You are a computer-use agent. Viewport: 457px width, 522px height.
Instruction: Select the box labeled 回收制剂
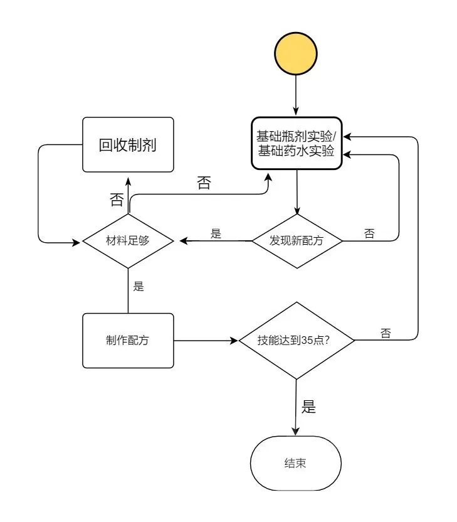tap(128, 144)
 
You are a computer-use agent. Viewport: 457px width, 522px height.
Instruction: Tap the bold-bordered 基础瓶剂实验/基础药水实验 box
tap(297, 143)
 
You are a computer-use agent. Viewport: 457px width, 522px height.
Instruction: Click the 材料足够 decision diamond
tap(128, 240)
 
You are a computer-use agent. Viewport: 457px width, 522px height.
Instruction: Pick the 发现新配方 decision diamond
tap(297, 240)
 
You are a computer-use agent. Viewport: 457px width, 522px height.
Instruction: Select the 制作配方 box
tap(128, 341)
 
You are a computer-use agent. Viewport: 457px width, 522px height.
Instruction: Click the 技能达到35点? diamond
tap(297, 341)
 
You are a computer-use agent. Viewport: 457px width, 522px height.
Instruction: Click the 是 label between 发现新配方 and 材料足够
tap(216, 233)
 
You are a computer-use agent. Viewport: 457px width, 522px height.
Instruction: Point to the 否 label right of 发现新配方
tap(369, 233)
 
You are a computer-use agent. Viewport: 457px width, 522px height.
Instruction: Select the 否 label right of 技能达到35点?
tap(386, 333)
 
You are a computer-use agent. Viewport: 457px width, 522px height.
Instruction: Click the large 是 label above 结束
tap(308, 406)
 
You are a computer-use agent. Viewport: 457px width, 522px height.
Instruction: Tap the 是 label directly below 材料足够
tap(139, 287)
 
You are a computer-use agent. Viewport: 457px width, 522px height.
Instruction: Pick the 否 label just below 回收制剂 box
tap(117, 200)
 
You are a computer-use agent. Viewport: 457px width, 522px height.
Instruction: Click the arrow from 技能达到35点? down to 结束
tap(297, 408)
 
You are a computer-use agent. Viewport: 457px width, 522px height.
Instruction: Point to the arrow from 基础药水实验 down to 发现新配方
tap(297, 191)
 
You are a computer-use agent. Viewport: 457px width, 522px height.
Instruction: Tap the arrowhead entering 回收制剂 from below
tap(128, 177)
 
